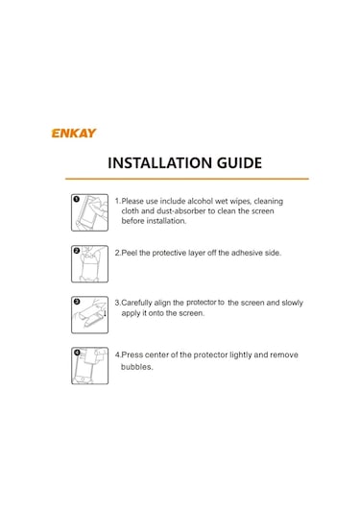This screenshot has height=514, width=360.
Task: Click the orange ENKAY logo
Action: point(74,134)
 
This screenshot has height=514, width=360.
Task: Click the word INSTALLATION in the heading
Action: point(160,163)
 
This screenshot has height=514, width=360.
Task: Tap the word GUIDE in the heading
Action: point(239,163)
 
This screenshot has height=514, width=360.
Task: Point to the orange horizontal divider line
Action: point(186,179)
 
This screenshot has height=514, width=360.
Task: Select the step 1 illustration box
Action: point(89,212)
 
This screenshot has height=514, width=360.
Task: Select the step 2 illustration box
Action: point(89,264)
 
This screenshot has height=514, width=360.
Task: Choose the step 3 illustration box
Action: point(89,315)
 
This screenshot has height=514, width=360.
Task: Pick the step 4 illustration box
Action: point(89,365)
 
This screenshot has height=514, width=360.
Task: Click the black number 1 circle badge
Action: point(77,199)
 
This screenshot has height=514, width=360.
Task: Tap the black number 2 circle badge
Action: point(77,251)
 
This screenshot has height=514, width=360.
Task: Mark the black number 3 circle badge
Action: point(77,302)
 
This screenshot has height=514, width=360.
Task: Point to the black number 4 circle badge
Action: point(77,353)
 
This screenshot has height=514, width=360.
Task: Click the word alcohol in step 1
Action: point(200,201)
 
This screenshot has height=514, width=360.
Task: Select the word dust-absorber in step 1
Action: point(181,210)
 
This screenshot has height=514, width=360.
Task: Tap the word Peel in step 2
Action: point(129,253)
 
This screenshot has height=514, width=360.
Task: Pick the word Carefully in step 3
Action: point(136,303)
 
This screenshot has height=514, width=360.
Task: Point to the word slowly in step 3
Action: point(292,303)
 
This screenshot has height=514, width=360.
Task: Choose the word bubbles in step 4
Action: point(137,367)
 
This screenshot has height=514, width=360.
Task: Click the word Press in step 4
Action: point(132,355)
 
